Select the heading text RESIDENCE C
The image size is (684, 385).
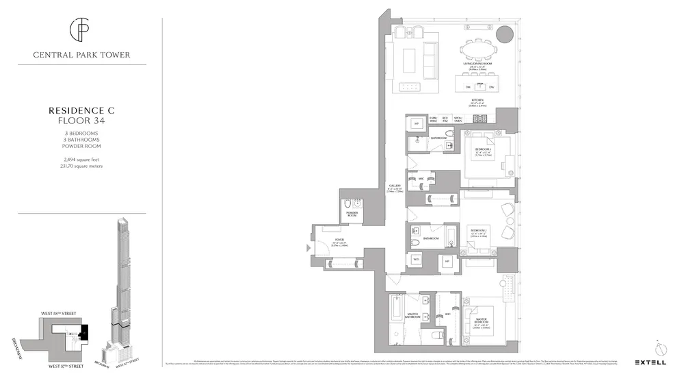pos(81,110)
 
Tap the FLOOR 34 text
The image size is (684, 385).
pos(81,121)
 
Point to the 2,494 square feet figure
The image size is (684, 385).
pos(81,160)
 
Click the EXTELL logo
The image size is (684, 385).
pos(650,362)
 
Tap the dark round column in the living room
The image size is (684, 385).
pos(504,34)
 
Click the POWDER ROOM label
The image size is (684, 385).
pos(353,214)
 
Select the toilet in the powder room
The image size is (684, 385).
pos(348,203)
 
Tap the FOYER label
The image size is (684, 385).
pos(339,239)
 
